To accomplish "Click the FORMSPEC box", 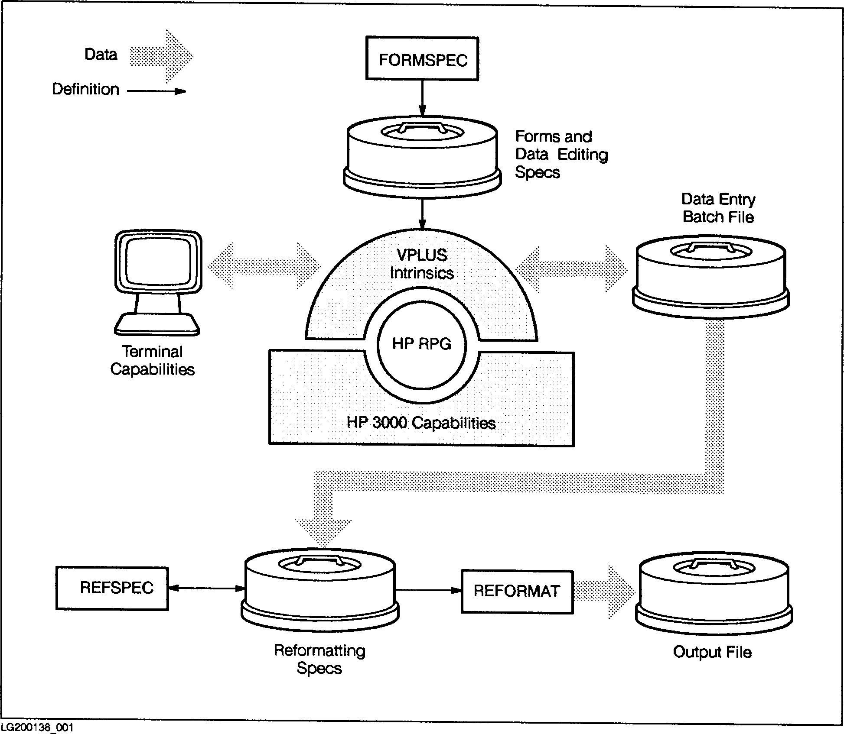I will tap(422, 59).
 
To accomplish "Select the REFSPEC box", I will tap(112, 588).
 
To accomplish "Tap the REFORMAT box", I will tap(517, 591).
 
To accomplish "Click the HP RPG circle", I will tap(421, 344).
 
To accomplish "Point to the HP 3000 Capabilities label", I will tap(421, 423).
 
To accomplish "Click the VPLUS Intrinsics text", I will tap(422, 264).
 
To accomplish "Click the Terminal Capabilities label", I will tap(153, 360).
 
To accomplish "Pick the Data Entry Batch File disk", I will tap(710, 277).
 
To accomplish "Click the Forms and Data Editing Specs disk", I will tap(422, 156).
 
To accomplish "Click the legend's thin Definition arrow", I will tap(156, 91).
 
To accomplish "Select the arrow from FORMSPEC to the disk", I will tap(422, 98).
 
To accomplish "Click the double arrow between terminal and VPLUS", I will tap(264, 265).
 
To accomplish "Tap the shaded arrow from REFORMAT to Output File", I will tap(604, 591).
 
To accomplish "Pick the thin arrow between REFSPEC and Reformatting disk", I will tap(206, 588).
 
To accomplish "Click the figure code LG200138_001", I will tap(37, 727).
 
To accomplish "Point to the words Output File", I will tap(712, 652).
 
